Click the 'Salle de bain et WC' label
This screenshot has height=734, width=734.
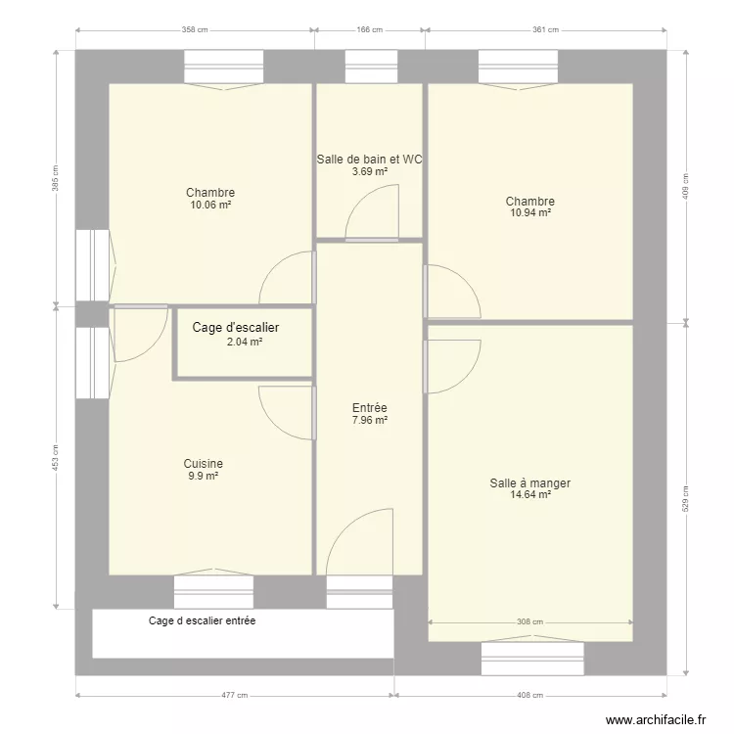click(369, 159)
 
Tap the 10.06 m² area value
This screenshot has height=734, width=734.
click(210, 206)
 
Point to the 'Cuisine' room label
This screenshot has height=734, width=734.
click(204, 464)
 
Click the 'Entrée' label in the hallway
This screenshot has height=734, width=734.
click(370, 409)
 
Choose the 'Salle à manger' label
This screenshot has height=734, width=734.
click(530, 482)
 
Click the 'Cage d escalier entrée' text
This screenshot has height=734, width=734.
click(202, 620)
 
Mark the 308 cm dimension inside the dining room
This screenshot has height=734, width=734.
click(529, 621)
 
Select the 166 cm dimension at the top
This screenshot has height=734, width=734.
click(369, 30)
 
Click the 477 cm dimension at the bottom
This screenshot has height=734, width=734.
click(235, 696)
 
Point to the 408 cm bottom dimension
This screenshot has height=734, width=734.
click(530, 696)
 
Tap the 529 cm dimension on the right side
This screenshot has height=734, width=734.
click(686, 500)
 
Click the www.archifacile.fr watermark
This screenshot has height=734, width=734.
click(655, 720)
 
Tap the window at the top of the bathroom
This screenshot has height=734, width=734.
click(370, 68)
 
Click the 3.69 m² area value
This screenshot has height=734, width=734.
click(370, 172)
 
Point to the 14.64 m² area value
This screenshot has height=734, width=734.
click(530, 495)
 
